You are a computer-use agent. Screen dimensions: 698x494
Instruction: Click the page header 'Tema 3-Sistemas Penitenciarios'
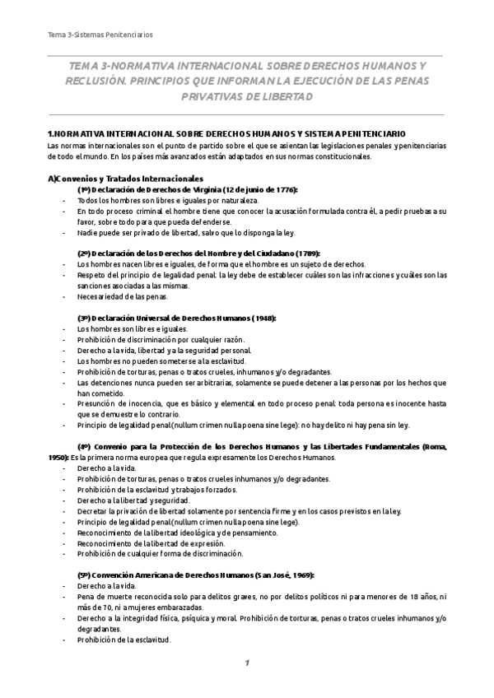click(x=100, y=35)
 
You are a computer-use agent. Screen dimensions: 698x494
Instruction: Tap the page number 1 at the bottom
click(x=246, y=663)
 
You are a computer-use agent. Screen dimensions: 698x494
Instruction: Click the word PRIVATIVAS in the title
click(x=205, y=96)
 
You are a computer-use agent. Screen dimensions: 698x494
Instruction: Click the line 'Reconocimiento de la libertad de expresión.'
click(x=151, y=542)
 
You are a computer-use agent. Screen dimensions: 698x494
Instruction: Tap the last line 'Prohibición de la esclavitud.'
click(x=123, y=639)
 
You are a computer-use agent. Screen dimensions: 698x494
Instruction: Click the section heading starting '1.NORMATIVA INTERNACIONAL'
click(x=226, y=133)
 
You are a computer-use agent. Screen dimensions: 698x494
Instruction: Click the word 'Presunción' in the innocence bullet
click(x=98, y=403)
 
